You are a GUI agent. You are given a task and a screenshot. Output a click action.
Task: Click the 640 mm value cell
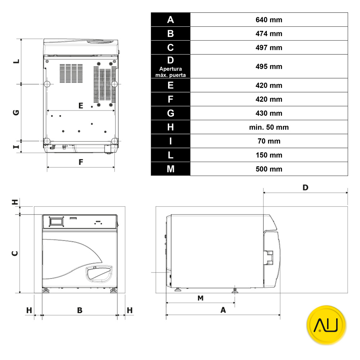269,20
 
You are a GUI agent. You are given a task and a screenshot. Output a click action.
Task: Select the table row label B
171,34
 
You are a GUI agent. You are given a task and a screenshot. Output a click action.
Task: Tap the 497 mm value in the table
269,48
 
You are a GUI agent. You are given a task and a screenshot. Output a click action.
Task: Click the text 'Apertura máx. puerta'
171,72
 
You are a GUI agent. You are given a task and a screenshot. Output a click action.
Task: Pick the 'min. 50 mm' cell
269,127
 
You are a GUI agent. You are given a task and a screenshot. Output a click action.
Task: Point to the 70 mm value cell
269,141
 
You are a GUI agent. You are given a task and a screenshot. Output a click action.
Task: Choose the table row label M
171,169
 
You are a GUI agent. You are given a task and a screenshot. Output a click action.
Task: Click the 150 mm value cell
269,156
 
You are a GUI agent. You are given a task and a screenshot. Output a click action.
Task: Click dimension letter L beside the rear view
16,61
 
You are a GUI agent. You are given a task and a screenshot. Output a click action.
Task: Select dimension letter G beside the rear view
16,112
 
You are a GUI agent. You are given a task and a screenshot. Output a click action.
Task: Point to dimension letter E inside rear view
81,105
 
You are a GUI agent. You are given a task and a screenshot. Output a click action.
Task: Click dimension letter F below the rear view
81,162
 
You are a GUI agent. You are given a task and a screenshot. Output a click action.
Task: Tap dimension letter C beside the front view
15,253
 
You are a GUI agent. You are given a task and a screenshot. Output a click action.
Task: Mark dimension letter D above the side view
305,188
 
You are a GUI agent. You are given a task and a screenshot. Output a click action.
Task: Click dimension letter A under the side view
223,310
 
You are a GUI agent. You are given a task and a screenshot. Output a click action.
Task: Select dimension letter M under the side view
201,298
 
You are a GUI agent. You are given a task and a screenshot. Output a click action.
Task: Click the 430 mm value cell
269,113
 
